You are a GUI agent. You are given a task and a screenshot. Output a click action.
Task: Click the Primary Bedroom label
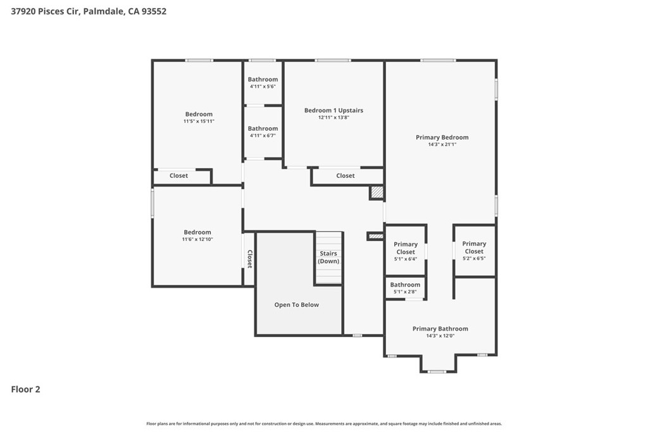(442, 137)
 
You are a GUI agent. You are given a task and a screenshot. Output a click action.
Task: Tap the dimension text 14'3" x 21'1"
(442, 145)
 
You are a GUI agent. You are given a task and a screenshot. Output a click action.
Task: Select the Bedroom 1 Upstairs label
(333, 110)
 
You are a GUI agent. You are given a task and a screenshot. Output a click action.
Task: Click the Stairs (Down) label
(328, 257)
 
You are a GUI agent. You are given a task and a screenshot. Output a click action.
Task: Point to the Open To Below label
(297, 305)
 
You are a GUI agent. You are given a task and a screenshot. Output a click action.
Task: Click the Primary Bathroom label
(440, 329)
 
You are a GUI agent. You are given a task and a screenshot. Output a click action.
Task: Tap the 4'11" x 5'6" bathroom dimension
(263, 87)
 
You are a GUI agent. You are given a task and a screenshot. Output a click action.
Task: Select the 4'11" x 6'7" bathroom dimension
(263, 135)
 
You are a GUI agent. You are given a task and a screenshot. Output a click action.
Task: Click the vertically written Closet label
(249, 259)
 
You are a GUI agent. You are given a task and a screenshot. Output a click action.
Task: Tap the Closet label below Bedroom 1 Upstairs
(345, 176)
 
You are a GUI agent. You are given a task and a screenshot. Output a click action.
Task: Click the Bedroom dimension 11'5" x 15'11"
(199, 121)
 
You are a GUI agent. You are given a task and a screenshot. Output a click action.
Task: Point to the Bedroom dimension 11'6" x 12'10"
(197, 240)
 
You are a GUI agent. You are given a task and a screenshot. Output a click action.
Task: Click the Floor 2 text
(25, 389)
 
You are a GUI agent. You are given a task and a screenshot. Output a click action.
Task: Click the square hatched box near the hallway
(377, 192)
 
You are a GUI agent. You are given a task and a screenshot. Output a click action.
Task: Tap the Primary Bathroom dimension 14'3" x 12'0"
(440, 336)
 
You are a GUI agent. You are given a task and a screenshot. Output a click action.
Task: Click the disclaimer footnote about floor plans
(324, 424)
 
